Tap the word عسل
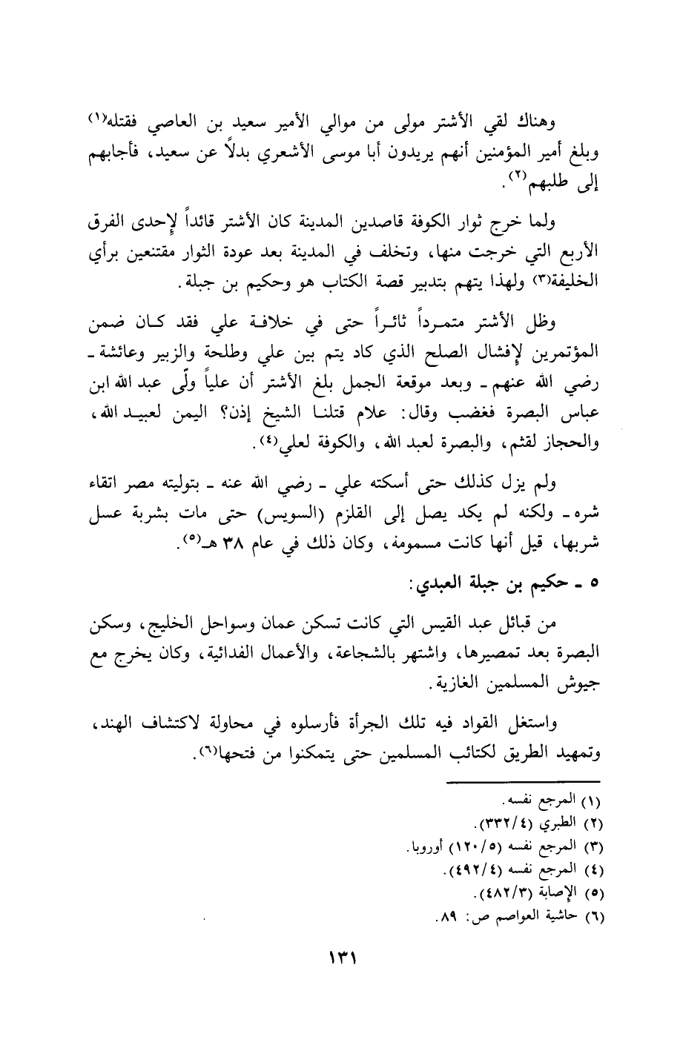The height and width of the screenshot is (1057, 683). coord(102,512)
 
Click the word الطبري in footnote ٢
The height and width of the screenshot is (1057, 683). coord(567,825)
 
